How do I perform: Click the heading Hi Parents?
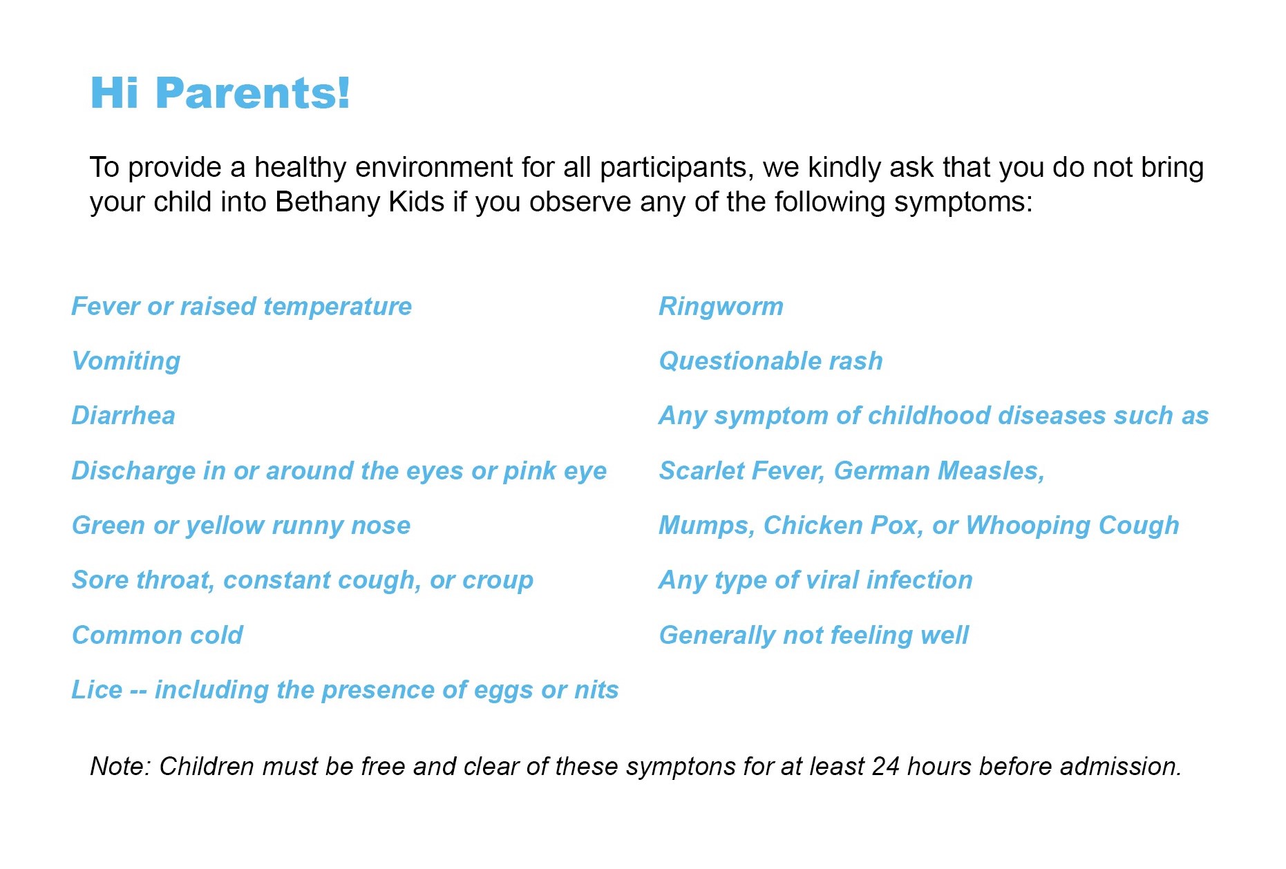coord(220,93)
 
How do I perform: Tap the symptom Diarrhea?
coord(124,416)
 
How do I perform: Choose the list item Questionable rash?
coord(771,361)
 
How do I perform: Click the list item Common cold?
coord(158,636)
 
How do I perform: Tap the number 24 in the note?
coord(885,767)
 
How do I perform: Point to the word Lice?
coord(97,690)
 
